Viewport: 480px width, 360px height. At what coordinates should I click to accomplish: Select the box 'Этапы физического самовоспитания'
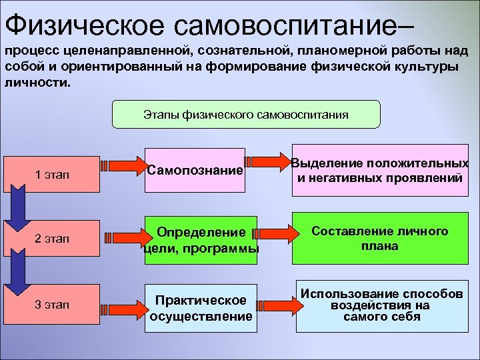click(245, 114)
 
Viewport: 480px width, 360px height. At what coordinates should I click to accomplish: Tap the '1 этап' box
click(51, 175)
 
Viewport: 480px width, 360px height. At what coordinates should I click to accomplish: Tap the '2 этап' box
click(51, 237)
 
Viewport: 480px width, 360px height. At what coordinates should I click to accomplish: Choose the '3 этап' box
click(51, 305)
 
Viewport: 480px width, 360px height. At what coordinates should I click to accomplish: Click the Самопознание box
click(195, 171)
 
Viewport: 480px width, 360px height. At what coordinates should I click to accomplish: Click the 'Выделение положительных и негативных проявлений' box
click(379, 171)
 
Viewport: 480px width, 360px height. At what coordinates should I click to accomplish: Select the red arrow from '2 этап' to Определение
click(123, 235)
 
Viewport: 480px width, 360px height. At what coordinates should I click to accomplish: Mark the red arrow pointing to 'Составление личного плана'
click(274, 233)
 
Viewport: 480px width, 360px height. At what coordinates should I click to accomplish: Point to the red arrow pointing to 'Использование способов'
click(274, 304)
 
